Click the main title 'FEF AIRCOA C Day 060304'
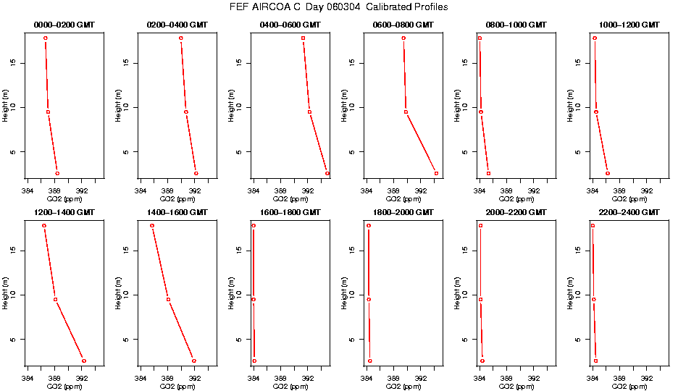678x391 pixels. tap(339, 7)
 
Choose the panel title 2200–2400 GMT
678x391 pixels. tap(629, 213)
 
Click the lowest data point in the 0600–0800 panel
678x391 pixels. tap(436, 173)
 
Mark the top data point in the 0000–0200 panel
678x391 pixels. tap(45, 38)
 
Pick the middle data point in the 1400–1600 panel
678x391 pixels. tap(168, 300)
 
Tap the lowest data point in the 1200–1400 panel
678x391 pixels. tap(84, 361)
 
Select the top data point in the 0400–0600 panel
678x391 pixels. tap(303, 38)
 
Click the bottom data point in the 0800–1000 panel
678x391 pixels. tap(488, 173)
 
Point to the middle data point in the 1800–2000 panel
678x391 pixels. tap(369, 300)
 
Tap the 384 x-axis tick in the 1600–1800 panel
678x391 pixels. tap(254, 379)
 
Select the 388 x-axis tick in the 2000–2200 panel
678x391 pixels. tap(506, 379)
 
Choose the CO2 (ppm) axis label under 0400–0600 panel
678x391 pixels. tap(290, 199)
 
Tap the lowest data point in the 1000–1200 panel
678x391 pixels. tap(607, 173)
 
